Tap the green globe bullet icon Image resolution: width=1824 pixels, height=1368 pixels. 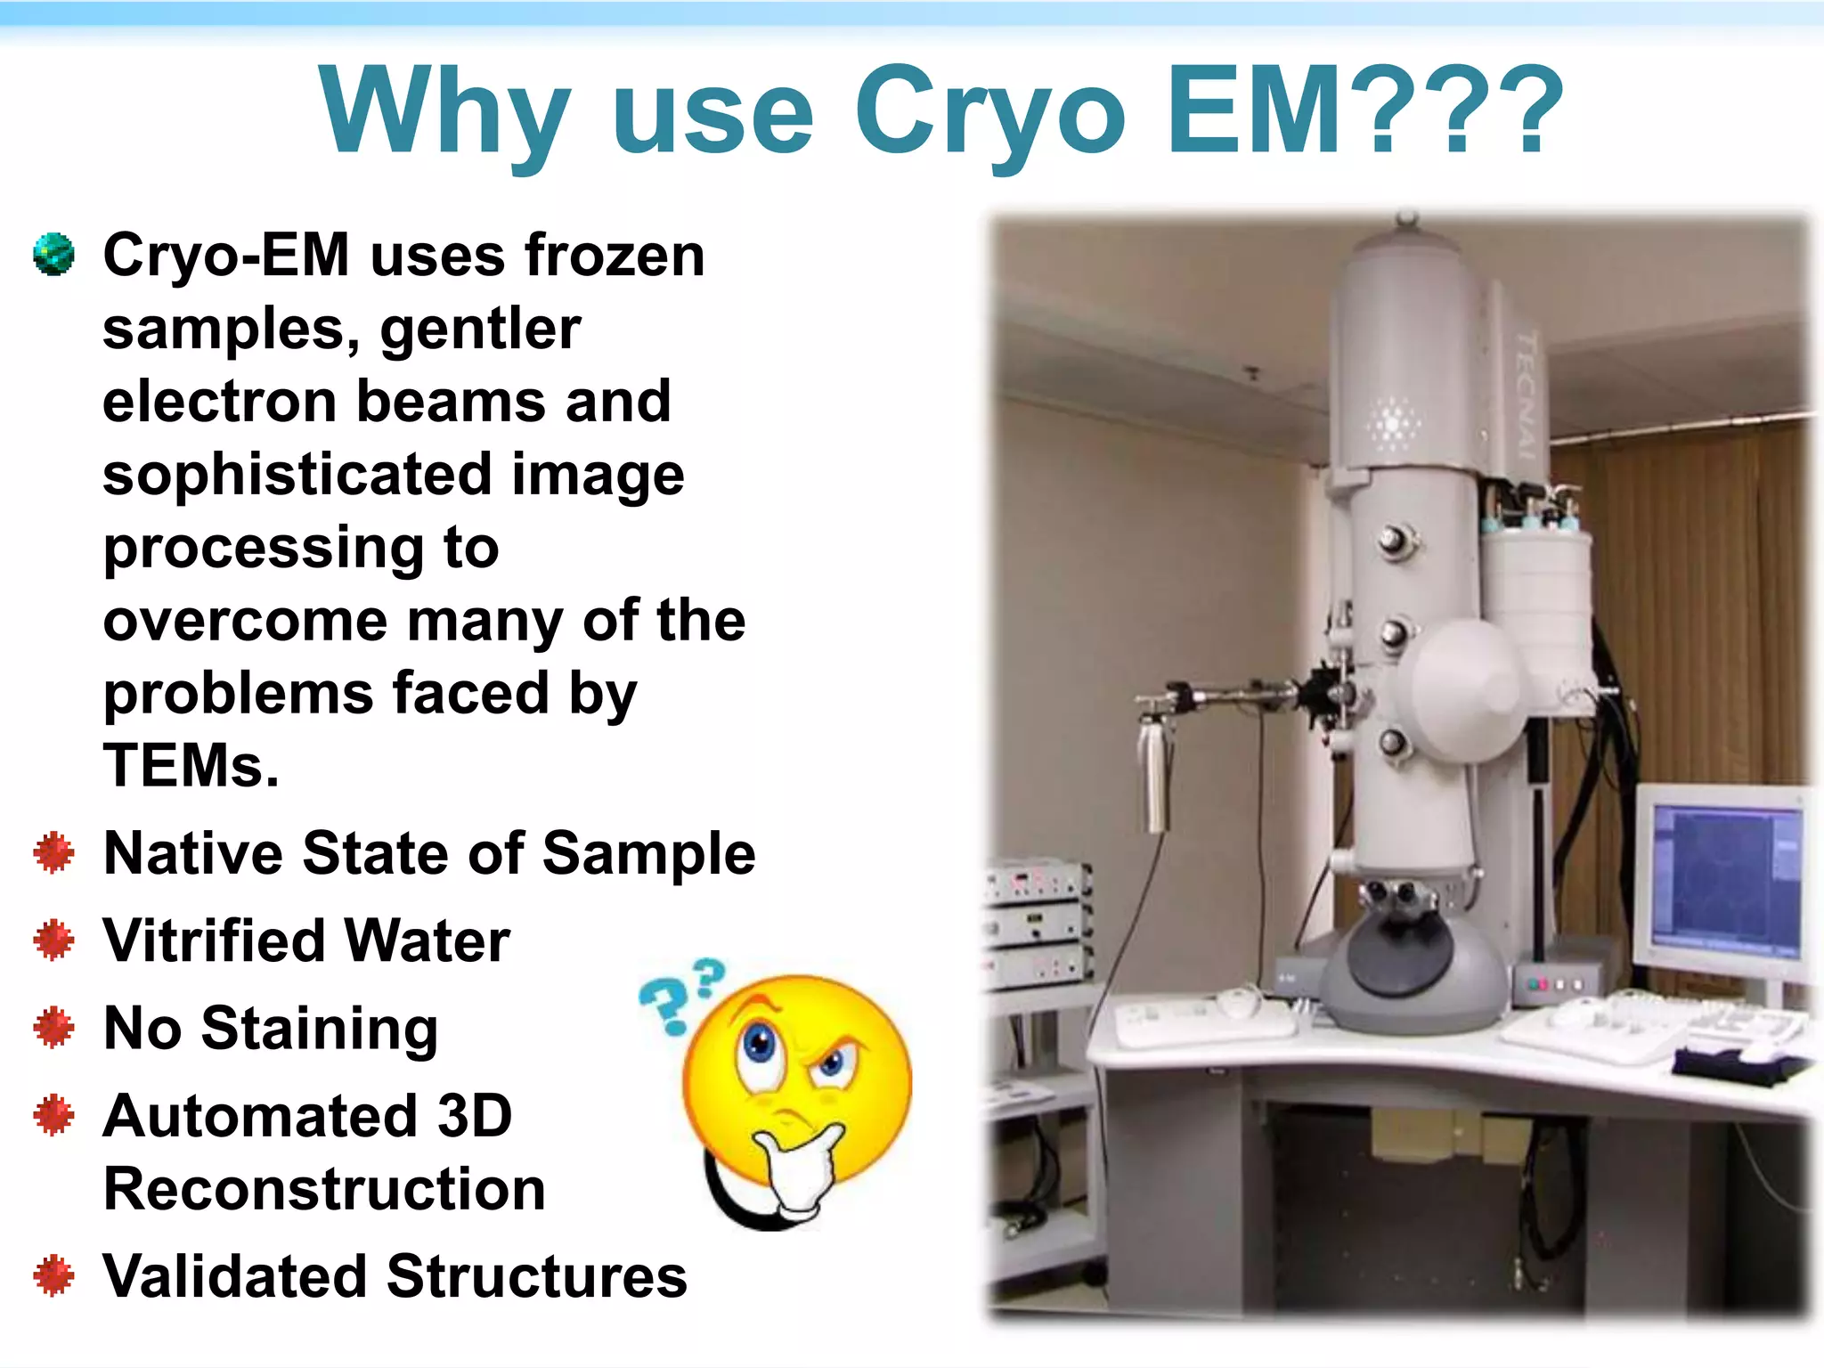53,254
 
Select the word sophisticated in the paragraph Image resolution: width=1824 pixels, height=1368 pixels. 297,475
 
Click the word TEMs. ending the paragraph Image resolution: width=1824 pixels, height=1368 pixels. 191,765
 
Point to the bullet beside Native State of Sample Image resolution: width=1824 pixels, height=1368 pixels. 53,852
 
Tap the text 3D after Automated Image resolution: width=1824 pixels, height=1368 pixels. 474,1115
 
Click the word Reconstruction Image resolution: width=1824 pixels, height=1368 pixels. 324,1189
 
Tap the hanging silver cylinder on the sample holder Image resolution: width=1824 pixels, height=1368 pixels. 1154,775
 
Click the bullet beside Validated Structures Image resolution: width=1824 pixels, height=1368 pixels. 53,1275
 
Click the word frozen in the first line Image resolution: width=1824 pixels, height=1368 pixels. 615,256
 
